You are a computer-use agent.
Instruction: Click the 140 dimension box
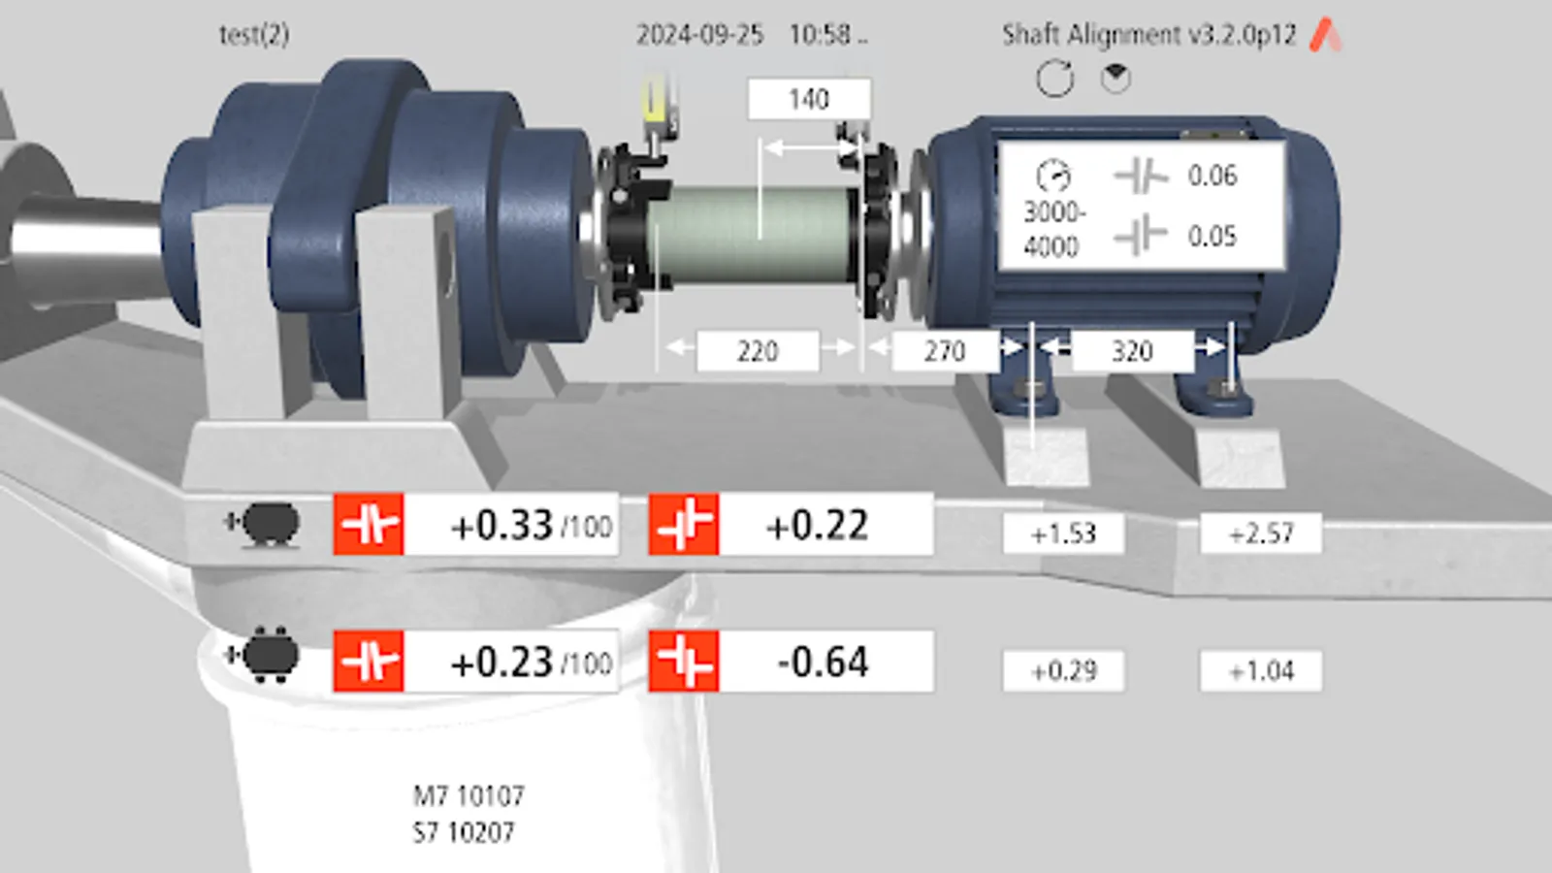[x=809, y=99]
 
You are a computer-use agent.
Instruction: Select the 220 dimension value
[x=758, y=351]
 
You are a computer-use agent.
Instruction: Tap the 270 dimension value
[x=945, y=351]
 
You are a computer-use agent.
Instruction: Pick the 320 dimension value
[x=1131, y=351]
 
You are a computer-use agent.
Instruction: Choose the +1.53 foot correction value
[x=1063, y=533]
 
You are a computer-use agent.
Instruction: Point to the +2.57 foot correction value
[x=1261, y=533]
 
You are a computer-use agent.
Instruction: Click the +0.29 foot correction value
[x=1063, y=671]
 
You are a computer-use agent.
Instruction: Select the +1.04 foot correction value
[x=1261, y=671]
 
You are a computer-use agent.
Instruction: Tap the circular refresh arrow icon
[x=1055, y=79]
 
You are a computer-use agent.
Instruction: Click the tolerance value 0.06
[x=1212, y=176]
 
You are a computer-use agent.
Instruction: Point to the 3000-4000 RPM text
[x=1052, y=229]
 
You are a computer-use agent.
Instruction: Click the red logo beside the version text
[x=1326, y=36]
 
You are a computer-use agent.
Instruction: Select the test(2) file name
[x=254, y=35]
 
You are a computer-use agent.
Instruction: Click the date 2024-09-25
[x=699, y=35]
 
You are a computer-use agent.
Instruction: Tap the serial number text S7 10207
[x=464, y=832]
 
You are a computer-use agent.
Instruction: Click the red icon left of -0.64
[x=684, y=663]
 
